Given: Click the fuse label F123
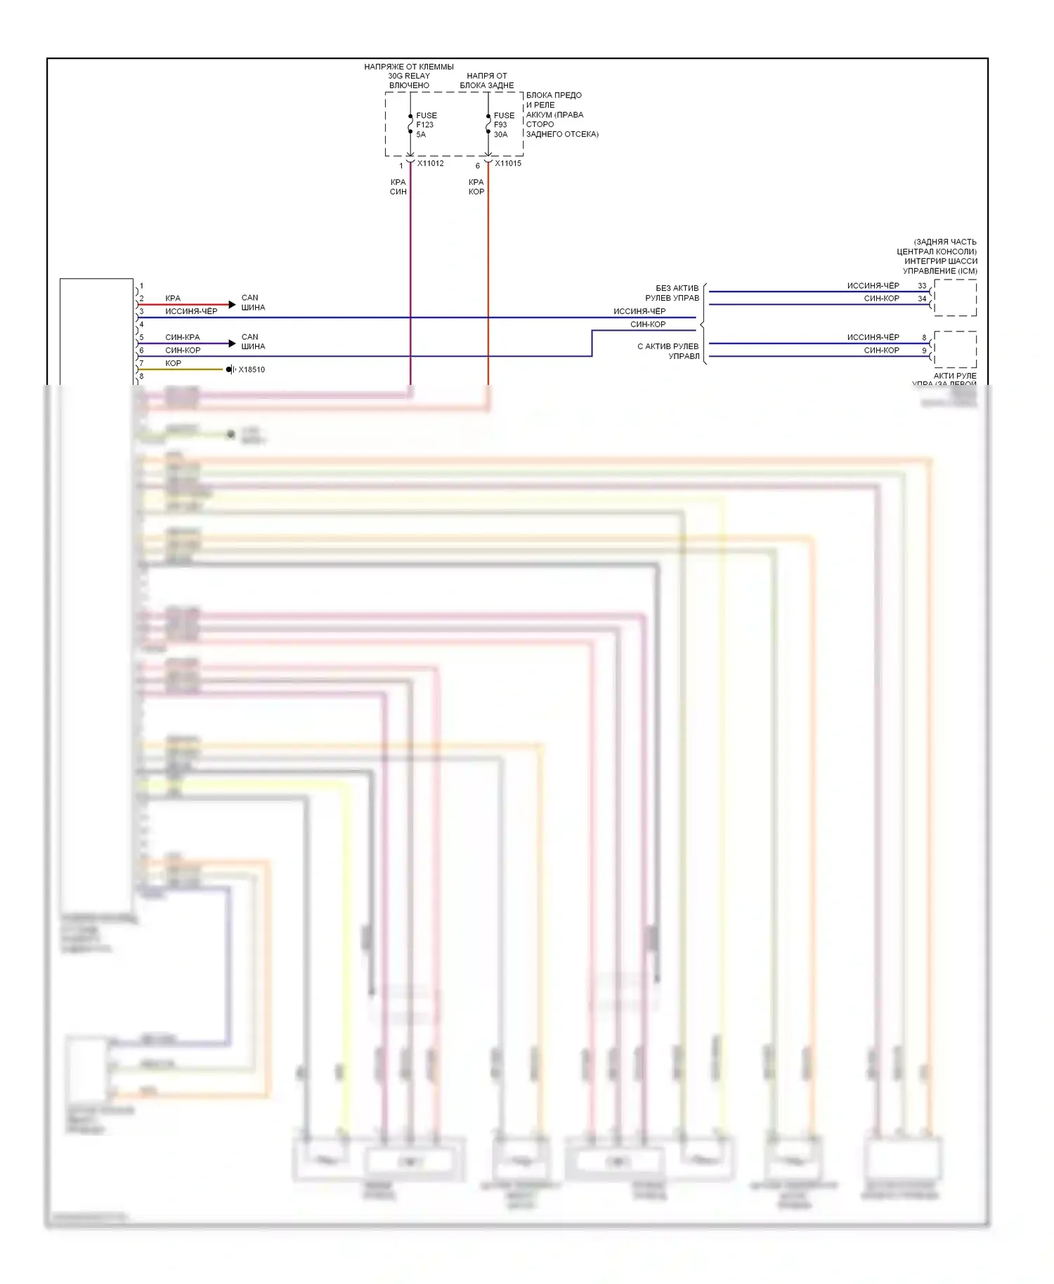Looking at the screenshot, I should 424,125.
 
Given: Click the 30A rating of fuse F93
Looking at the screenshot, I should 500,134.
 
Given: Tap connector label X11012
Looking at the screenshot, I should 430,164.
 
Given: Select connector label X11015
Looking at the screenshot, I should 508,164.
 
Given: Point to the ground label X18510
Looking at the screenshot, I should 252,369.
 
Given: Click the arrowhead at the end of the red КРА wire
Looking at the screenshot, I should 233,305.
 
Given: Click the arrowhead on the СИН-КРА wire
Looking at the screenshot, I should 233,343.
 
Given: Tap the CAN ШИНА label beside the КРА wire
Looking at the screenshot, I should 253,303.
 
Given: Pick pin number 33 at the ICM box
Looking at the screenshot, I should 922,286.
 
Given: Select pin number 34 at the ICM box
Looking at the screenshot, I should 922,299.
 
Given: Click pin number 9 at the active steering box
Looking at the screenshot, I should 924,351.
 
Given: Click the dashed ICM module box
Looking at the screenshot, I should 955,297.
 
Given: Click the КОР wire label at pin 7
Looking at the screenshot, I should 173,363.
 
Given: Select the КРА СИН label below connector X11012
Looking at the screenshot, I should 398,187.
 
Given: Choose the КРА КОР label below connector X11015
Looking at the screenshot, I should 476,187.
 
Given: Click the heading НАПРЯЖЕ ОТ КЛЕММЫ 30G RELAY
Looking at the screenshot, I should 409,76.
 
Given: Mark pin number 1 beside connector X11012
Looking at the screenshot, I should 401,166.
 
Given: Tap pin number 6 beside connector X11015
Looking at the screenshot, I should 478,166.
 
